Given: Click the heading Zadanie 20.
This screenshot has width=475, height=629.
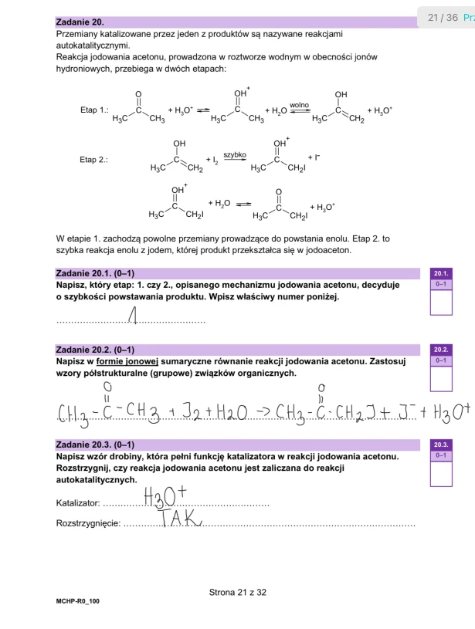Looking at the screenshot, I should tap(80, 23).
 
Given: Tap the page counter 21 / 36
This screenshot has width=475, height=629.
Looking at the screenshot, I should tap(443, 17).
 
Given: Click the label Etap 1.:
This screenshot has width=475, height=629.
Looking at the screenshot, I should tap(95, 110).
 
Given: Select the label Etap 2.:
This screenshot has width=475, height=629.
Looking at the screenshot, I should tap(95, 160).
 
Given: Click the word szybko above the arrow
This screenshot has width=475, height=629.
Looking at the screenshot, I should tap(235, 154).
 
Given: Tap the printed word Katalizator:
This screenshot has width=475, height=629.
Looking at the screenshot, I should tap(78, 503).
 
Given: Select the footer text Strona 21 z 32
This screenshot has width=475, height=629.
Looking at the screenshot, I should tap(237, 593).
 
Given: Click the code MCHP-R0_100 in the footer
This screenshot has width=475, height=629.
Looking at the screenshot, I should tap(77, 600).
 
